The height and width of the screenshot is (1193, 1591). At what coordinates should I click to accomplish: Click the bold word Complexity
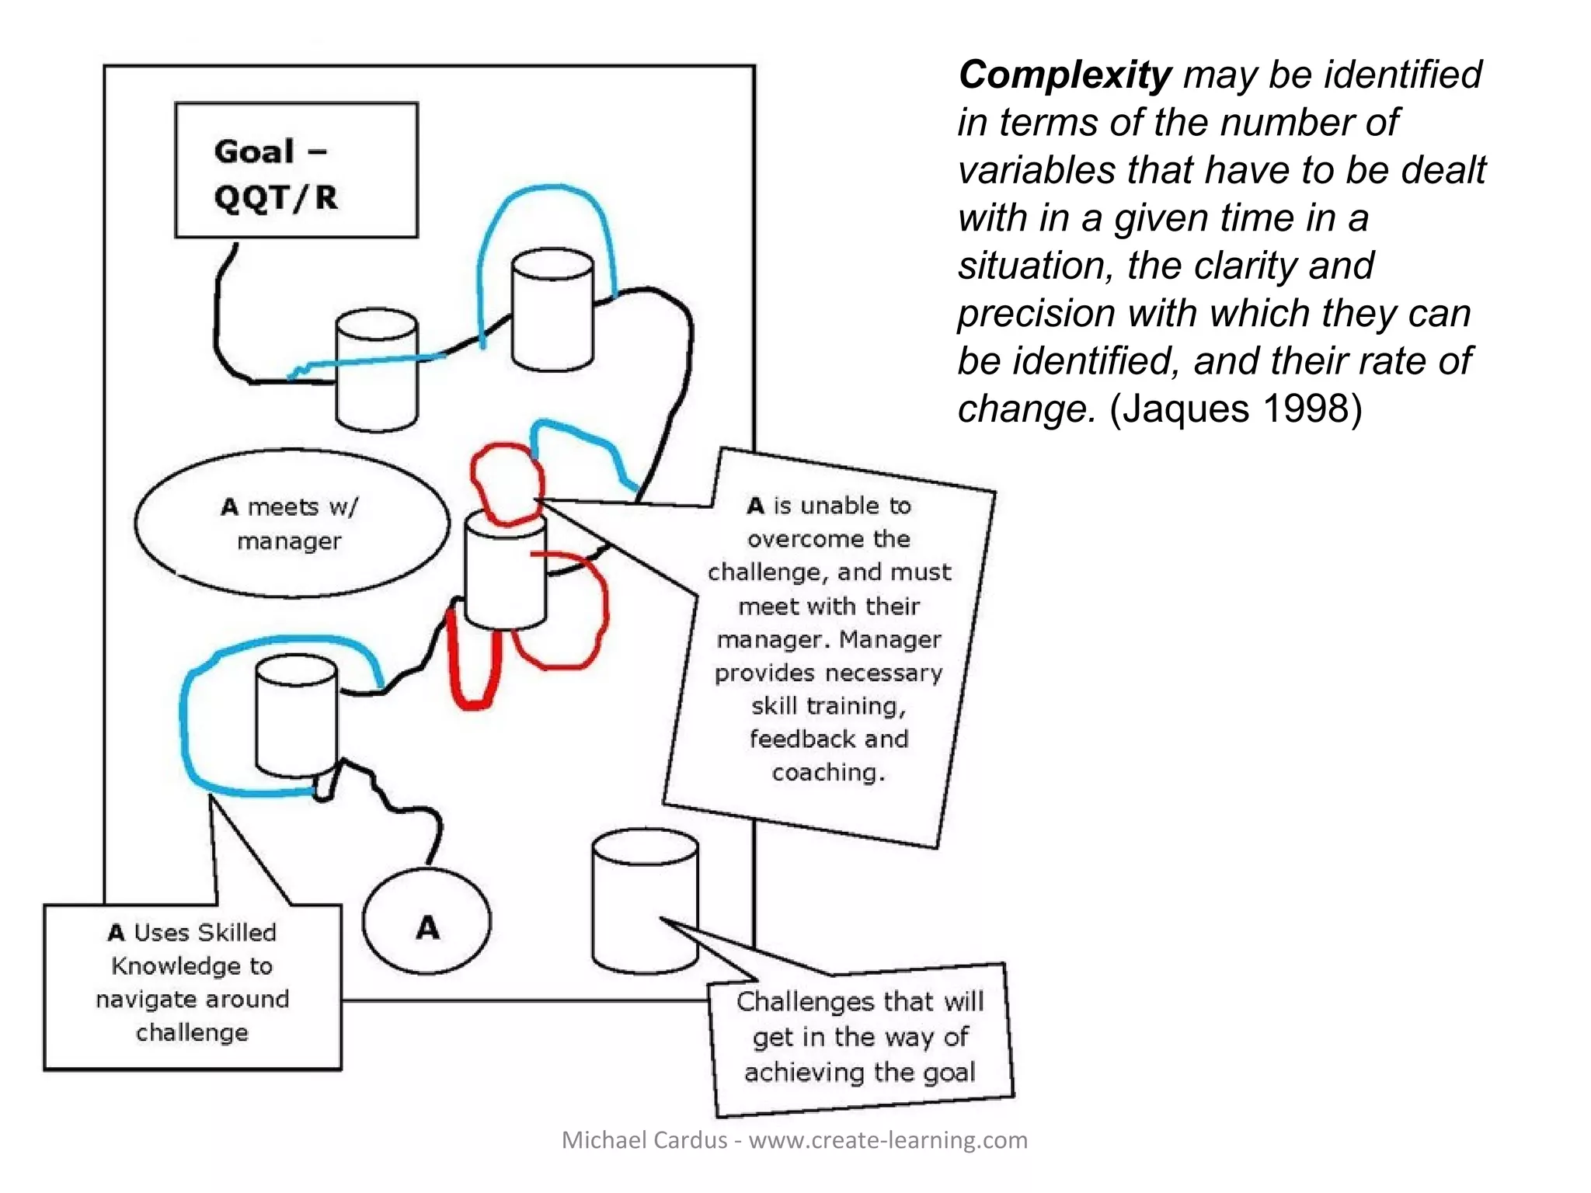click(x=1064, y=75)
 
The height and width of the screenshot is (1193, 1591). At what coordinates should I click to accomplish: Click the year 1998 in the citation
click(x=1312, y=409)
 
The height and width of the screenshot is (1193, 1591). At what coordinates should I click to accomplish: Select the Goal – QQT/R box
click(x=296, y=170)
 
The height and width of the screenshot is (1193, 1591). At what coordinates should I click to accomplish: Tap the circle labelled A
click(x=426, y=921)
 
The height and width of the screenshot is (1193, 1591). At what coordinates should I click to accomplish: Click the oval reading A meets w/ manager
click(x=291, y=523)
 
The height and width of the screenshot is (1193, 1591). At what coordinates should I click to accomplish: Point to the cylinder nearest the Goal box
click(x=377, y=370)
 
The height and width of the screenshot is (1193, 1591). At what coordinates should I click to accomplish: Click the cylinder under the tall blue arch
click(x=552, y=311)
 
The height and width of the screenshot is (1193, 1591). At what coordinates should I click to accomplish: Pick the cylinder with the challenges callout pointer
click(x=644, y=901)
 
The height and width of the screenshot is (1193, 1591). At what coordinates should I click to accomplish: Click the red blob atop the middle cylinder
click(x=505, y=482)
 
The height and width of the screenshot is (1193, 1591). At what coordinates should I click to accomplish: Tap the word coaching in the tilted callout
click(x=828, y=773)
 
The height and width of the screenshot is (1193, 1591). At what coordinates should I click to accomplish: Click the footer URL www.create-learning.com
click(x=888, y=1140)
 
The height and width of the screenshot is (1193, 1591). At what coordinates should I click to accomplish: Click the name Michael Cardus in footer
click(x=644, y=1140)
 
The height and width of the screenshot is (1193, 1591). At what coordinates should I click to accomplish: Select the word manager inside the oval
click(x=289, y=541)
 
